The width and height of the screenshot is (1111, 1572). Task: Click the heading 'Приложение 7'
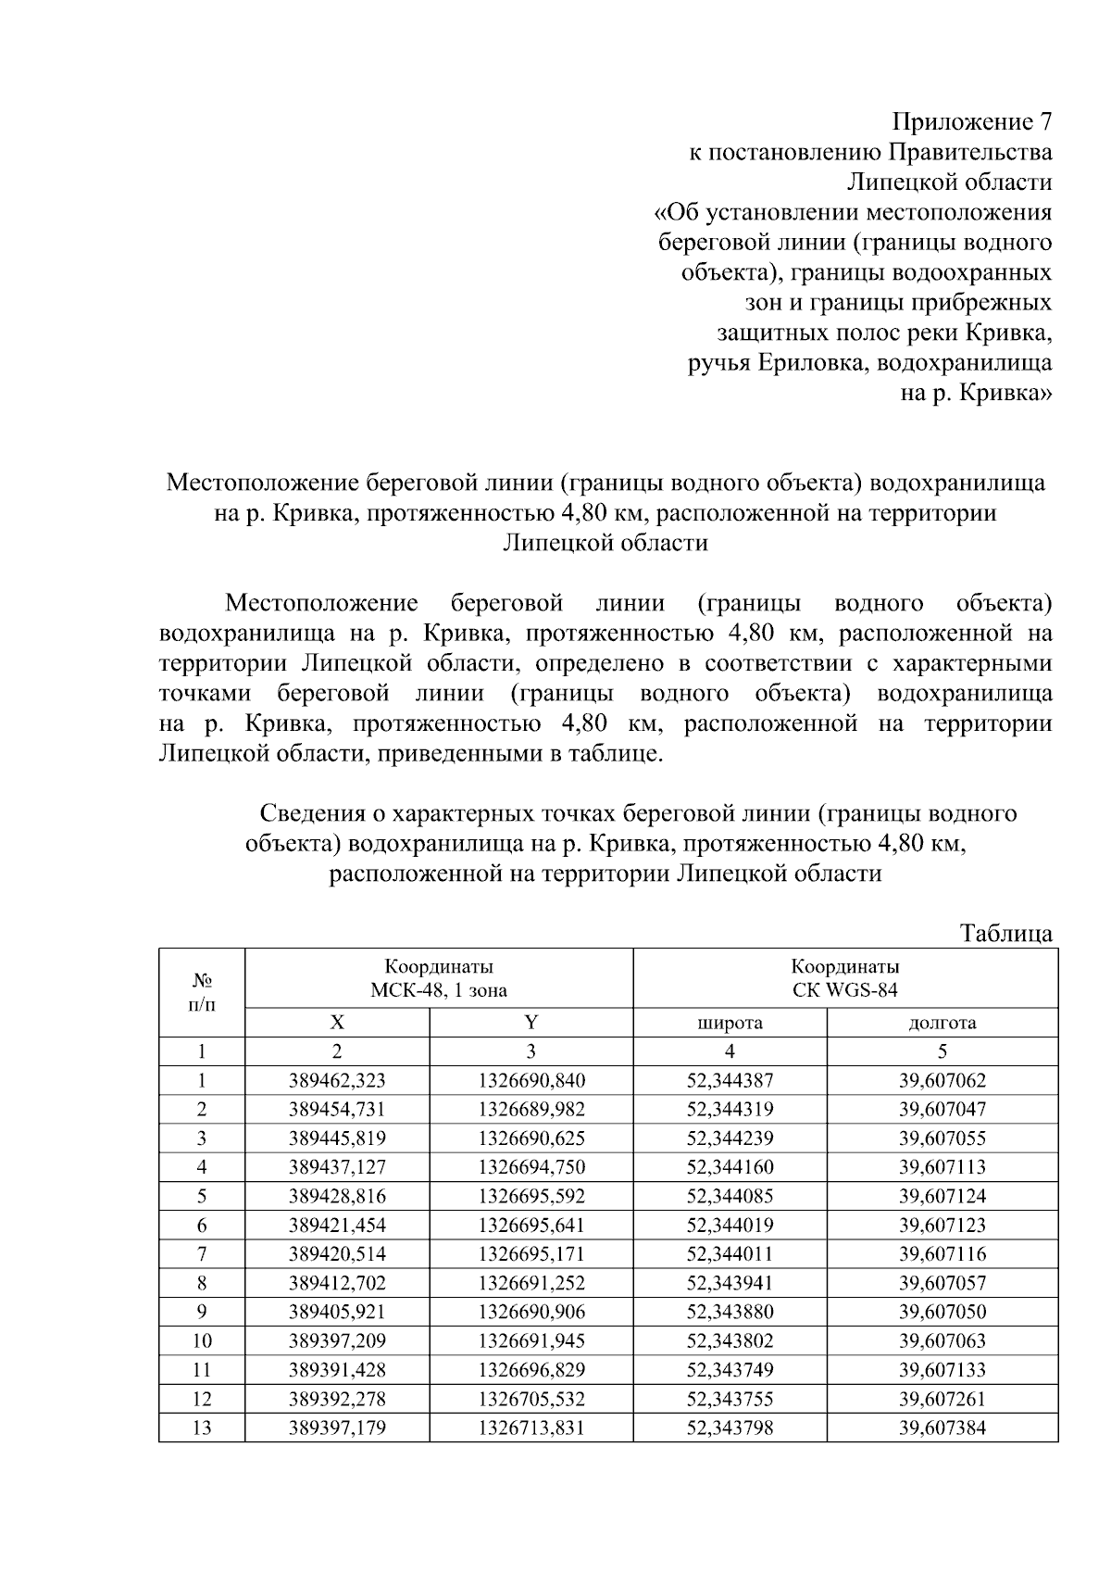[x=971, y=122]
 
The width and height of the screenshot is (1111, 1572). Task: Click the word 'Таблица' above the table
[x=1006, y=933]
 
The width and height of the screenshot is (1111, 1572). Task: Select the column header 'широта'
[x=730, y=1023]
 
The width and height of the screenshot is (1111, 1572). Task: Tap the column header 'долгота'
[x=942, y=1023]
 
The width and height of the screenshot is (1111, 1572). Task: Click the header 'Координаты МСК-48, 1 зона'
[x=439, y=978]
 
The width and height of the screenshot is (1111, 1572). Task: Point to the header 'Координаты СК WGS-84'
[x=844, y=978]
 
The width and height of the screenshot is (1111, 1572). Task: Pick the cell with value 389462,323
[x=337, y=1080]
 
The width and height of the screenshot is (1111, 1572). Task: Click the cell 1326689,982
[x=531, y=1109]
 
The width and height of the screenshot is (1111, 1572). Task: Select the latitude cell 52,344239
[x=730, y=1138]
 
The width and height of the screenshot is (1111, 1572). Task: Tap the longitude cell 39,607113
[x=942, y=1167]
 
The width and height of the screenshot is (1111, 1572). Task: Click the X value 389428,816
[x=337, y=1196]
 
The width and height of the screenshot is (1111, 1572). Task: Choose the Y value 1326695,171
[x=531, y=1254]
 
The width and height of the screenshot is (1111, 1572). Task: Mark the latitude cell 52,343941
[x=730, y=1283]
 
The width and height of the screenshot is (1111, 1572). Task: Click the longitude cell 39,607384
[x=942, y=1427]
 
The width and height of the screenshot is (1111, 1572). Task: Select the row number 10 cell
[x=202, y=1340]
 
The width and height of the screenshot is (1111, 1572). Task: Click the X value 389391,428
[x=337, y=1369]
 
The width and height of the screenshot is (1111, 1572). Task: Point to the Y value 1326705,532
[x=531, y=1399]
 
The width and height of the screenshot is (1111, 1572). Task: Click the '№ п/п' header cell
[x=202, y=992]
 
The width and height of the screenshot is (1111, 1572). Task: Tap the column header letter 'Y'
[x=531, y=1023]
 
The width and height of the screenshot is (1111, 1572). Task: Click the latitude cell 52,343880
[x=730, y=1312]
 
